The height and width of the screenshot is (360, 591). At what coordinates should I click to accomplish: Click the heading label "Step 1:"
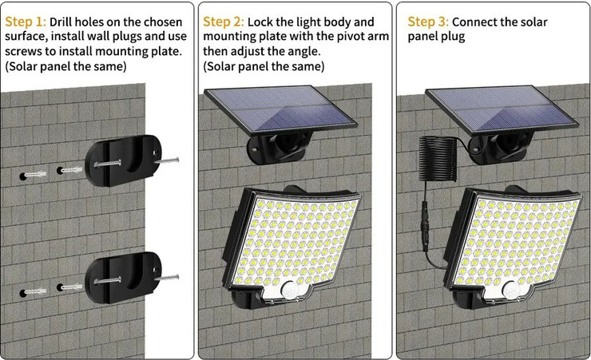pos(26,22)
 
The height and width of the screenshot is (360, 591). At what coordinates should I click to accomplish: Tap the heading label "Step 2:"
pos(224,22)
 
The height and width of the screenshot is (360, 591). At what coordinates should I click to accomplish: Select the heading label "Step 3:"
pos(428,22)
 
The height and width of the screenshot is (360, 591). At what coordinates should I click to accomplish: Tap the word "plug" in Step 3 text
pos(456,38)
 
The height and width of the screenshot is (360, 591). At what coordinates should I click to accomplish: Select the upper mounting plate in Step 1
pos(123,160)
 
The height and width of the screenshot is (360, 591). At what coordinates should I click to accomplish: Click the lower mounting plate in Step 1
pos(123,278)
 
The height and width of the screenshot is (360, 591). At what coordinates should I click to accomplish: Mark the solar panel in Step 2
pos(280,109)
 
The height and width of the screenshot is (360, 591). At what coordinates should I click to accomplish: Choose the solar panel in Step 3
pos(502,110)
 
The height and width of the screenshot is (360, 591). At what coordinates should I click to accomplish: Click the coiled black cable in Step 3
pos(438,159)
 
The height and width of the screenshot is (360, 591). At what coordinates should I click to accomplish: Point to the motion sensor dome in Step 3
pos(510,291)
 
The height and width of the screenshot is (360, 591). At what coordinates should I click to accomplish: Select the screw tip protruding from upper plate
pos(167,160)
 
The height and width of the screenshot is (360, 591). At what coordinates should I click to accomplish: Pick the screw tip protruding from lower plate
pos(167,278)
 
